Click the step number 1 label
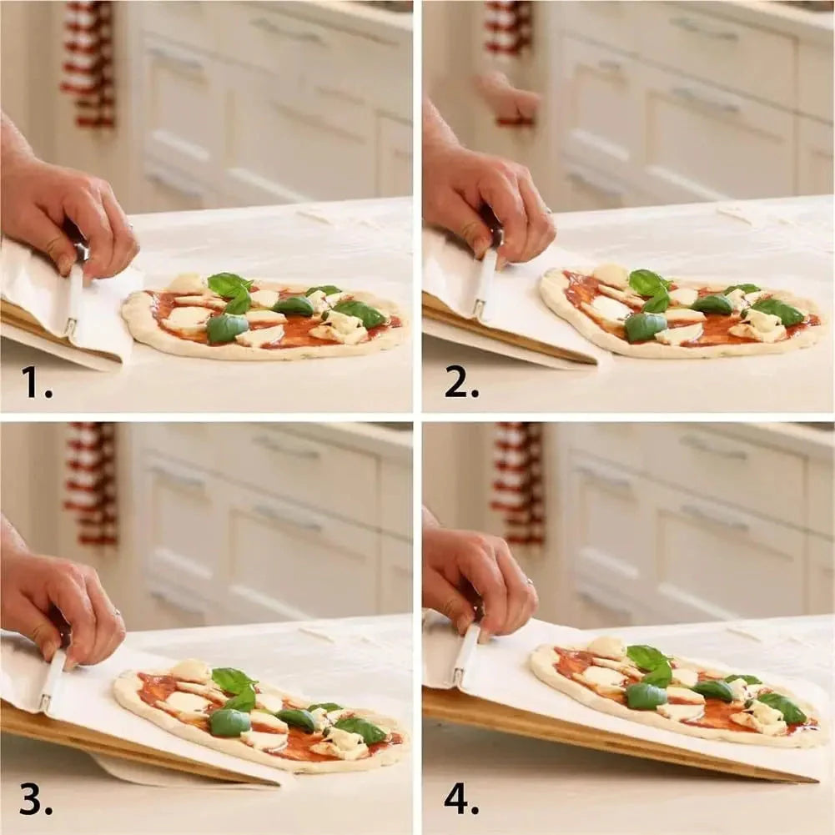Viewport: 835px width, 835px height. (36, 382)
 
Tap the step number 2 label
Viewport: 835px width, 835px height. (460, 382)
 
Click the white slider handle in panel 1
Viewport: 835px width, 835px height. (74, 300)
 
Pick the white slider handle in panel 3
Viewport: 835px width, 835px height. (53, 680)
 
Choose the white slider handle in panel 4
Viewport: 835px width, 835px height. (465, 655)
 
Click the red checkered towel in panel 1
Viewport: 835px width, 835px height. (88, 63)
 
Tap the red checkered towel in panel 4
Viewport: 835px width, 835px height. (517, 484)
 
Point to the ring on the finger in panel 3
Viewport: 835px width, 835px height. (118, 615)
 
